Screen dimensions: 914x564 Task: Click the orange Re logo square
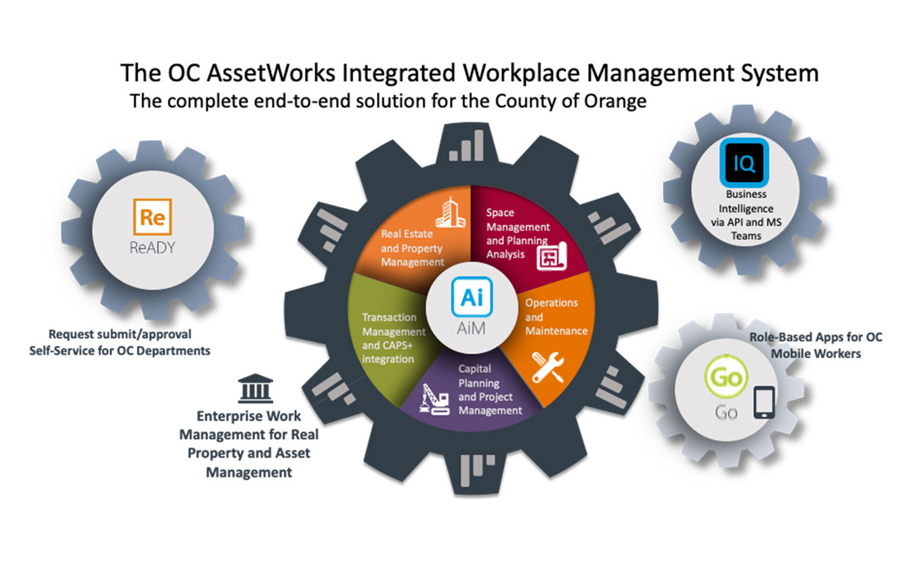click(x=152, y=217)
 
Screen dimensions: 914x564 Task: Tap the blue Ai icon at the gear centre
click(x=472, y=297)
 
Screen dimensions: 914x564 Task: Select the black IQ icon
click(x=744, y=162)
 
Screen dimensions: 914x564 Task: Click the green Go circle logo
click(x=726, y=376)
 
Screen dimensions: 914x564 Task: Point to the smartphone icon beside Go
click(x=764, y=402)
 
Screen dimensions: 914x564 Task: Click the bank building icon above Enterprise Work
click(x=255, y=388)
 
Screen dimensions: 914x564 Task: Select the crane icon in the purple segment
click(x=435, y=399)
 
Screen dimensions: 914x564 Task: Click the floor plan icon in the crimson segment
click(x=552, y=256)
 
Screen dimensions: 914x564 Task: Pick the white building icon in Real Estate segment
click(x=450, y=213)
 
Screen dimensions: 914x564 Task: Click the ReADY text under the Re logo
click(x=152, y=248)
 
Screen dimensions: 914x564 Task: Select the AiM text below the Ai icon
click(x=472, y=328)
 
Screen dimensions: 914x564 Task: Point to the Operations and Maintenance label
click(x=556, y=317)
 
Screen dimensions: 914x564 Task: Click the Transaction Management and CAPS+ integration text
click(x=394, y=338)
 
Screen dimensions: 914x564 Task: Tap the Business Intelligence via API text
click(x=746, y=215)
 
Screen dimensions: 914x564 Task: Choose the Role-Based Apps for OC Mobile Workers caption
click(x=816, y=345)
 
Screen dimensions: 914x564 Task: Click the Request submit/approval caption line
click(x=120, y=334)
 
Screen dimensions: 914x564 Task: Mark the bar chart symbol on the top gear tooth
click(x=466, y=146)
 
